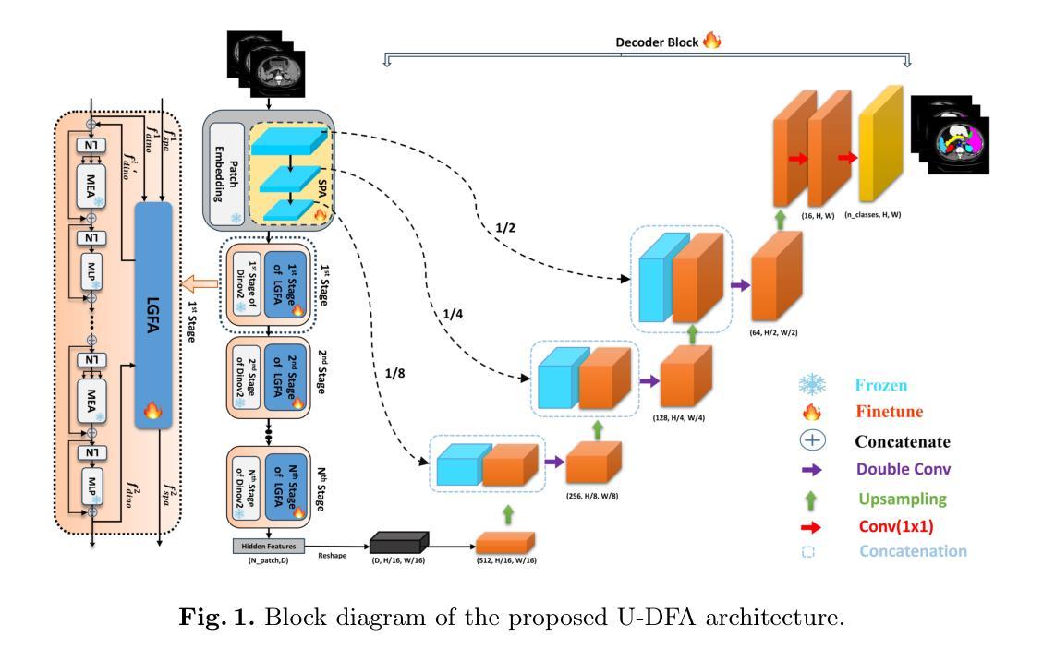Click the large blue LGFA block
tap(153, 314)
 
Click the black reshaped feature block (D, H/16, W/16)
tap(399, 542)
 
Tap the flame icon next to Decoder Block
tap(711, 42)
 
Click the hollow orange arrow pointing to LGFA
tap(198, 282)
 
